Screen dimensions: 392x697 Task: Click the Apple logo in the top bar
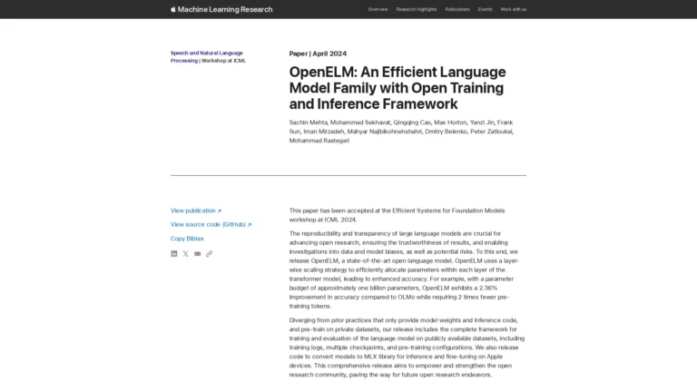(x=173, y=9)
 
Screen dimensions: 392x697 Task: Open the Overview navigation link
(x=378, y=9)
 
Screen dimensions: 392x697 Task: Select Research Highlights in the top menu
(x=416, y=9)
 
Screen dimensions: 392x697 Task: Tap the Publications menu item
(x=457, y=9)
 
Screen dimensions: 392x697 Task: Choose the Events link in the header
(x=486, y=9)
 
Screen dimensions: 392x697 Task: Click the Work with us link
(x=513, y=9)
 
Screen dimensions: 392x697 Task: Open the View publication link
(x=195, y=211)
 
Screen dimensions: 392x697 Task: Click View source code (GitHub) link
(x=211, y=224)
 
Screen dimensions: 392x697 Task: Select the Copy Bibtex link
(x=187, y=239)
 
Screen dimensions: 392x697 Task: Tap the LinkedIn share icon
(x=174, y=254)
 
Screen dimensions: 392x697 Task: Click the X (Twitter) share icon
(x=186, y=254)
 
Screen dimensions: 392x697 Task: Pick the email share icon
(x=198, y=254)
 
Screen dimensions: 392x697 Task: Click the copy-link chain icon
(x=210, y=254)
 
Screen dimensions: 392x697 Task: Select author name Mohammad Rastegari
(x=319, y=141)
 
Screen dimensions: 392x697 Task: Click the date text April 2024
(x=330, y=54)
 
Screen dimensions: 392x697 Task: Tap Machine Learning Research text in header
(x=226, y=9)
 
